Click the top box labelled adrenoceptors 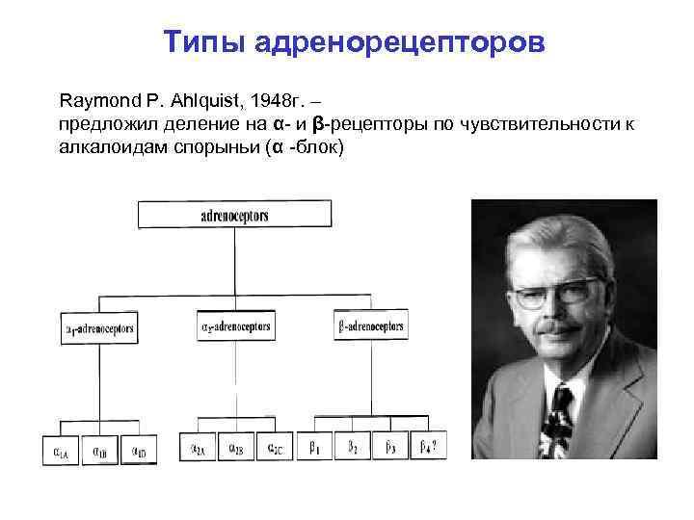point(235,215)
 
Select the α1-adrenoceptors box point(99,328)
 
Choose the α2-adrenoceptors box point(235,325)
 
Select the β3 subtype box point(390,447)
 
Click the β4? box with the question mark point(428,447)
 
